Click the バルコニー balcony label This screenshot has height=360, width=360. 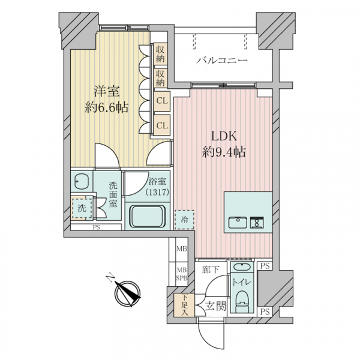coord(222,61)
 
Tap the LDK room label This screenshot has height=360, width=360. coord(224,137)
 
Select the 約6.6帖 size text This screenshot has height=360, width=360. coord(106,107)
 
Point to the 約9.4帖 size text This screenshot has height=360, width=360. coord(224,152)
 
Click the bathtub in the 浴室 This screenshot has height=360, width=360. coord(148,217)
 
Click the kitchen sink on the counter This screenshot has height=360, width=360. coord(238,222)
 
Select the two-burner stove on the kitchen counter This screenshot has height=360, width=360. coord(257,222)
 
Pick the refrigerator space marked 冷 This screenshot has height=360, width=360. coord(184,220)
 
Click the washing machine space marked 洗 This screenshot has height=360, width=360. coord(82,208)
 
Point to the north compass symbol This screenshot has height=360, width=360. coord(127,292)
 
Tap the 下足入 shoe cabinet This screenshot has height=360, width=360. coord(185,305)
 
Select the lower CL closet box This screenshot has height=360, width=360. coord(162,125)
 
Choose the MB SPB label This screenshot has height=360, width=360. coord(182,274)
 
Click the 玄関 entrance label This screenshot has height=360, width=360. coord(215,306)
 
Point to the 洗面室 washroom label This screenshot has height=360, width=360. coord(113,194)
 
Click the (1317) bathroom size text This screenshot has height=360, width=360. coord(157,191)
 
